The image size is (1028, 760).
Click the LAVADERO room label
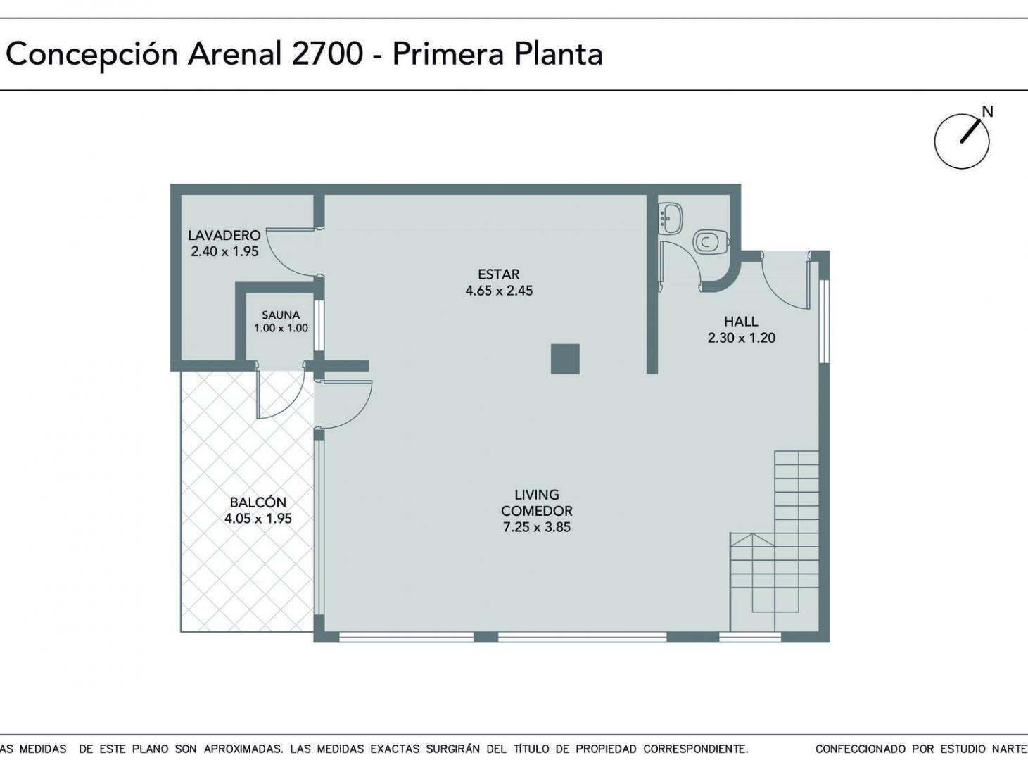(x=224, y=235)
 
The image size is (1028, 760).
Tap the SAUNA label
(x=281, y=315)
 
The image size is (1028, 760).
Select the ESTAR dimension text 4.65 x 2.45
(x=499, y=291)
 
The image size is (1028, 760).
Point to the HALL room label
(x=741, y=322)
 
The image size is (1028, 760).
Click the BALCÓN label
(x=258, y=502)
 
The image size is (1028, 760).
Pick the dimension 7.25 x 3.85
(x=537, y=527)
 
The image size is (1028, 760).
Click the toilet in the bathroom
(x=711, y=241)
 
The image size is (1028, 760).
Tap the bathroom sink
(x=670, y=217)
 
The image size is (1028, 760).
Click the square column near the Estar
(x=565, y=359)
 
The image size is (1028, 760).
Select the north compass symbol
(x=961, y=141)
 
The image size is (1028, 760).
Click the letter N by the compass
(x=988, y=112)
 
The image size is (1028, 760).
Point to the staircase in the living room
(x=775, y=540)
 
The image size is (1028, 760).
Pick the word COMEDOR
(x=537, y=511)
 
